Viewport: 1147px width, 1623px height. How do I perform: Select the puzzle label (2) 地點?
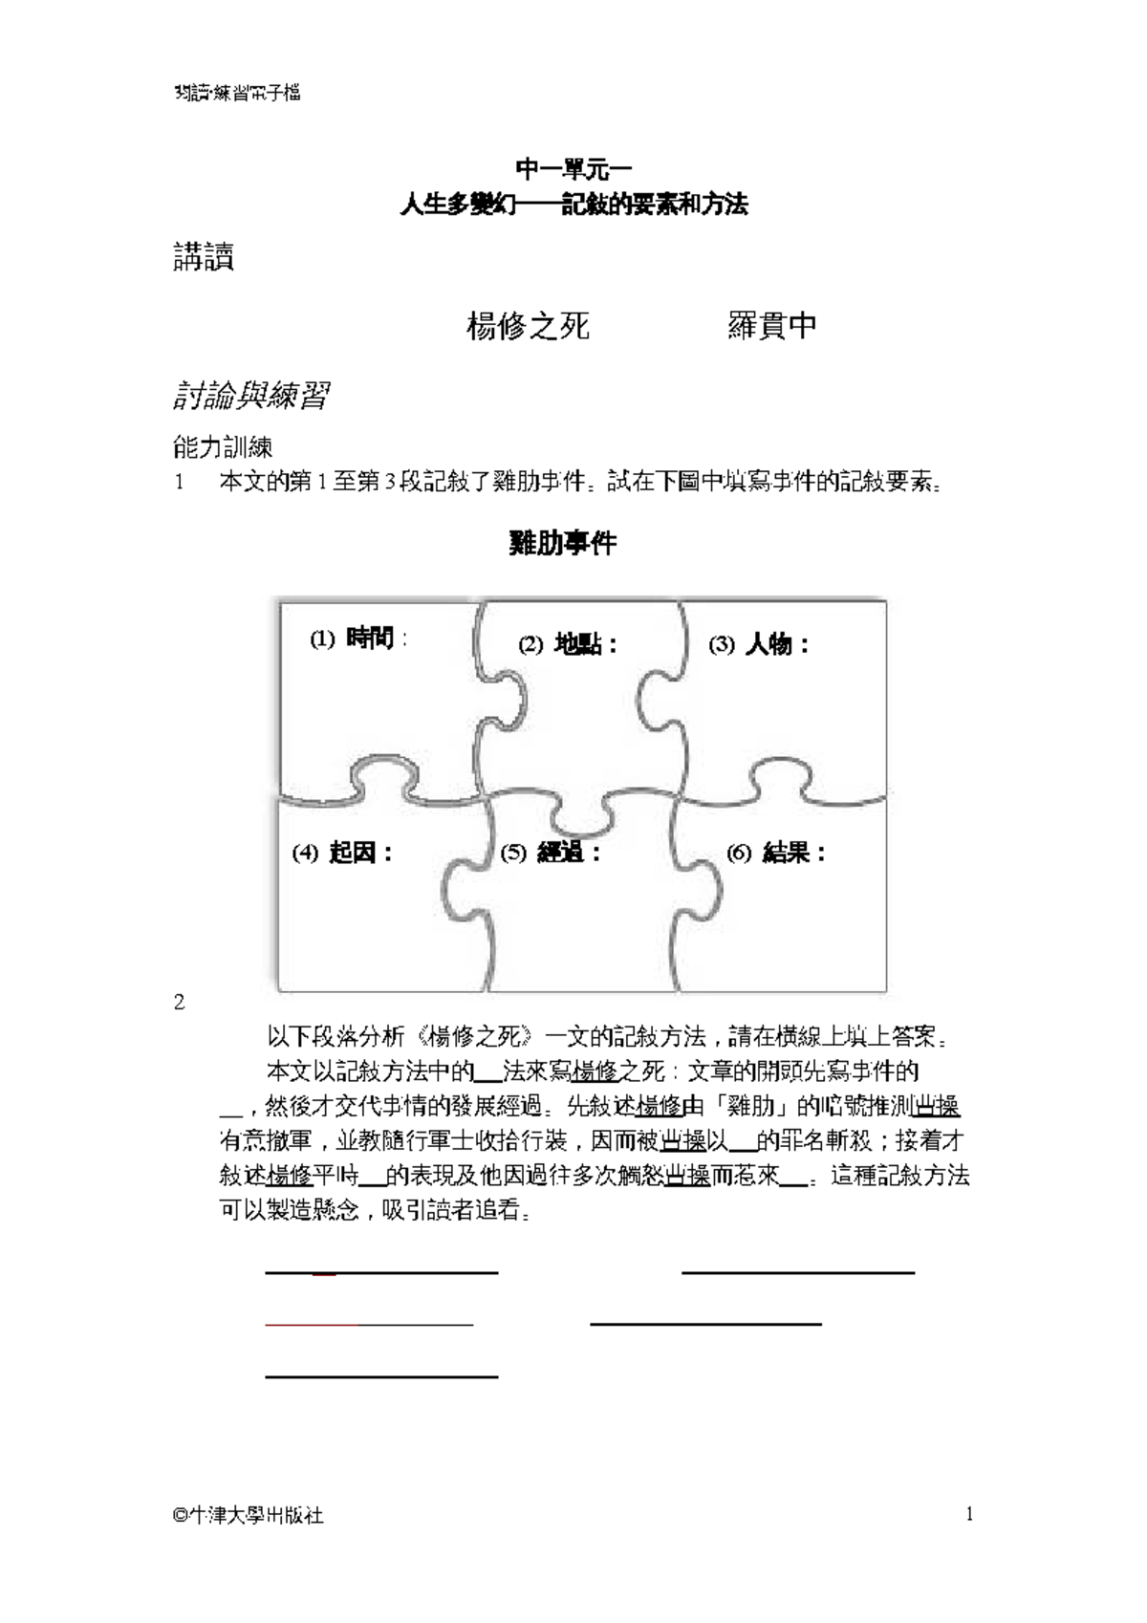pos(568,644)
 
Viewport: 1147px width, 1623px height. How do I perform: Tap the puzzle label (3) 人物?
pos(759,644)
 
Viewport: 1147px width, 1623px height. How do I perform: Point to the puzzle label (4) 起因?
pos(342,852)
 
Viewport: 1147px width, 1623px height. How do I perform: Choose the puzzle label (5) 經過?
pos(551,852)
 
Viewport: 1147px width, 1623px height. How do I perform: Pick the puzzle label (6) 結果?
pos(776,852)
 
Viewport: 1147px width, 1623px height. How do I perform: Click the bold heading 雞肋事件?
pos(563,543)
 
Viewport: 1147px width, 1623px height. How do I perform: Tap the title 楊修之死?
pos(528,326)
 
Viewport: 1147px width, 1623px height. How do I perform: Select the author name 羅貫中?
pos(771,325)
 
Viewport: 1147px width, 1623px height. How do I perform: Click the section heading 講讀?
pos(204,257)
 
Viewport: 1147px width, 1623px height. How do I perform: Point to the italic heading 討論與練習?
pos(251,395)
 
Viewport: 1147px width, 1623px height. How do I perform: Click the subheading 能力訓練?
pos(223,446)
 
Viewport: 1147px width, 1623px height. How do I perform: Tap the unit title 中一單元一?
pos(573,169)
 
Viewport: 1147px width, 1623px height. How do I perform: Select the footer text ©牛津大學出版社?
pos(249,1515)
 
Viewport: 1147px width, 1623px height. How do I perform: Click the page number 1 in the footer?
pos(969,1513)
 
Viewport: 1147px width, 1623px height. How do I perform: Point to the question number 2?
pos(179,1002)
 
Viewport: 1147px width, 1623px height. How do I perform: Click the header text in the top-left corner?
pos(238,93)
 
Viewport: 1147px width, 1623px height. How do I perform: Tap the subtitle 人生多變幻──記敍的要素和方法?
pos(573,204)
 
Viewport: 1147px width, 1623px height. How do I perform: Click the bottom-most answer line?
pos(381,1376)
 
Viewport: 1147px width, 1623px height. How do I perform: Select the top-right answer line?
pos(798,1273)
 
